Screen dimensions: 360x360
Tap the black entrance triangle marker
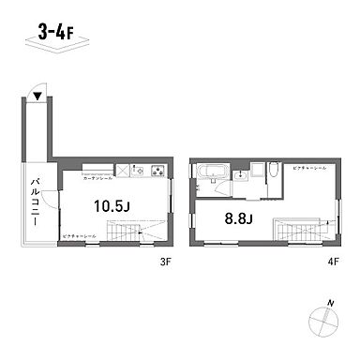[x=36, y=96]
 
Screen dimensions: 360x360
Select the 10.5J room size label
[x=111, y=202]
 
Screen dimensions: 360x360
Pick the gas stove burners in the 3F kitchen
[x=156, y=171]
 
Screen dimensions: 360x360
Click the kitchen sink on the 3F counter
[x=139, y=171]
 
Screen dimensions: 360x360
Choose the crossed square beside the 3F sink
[x=122, y=171]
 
